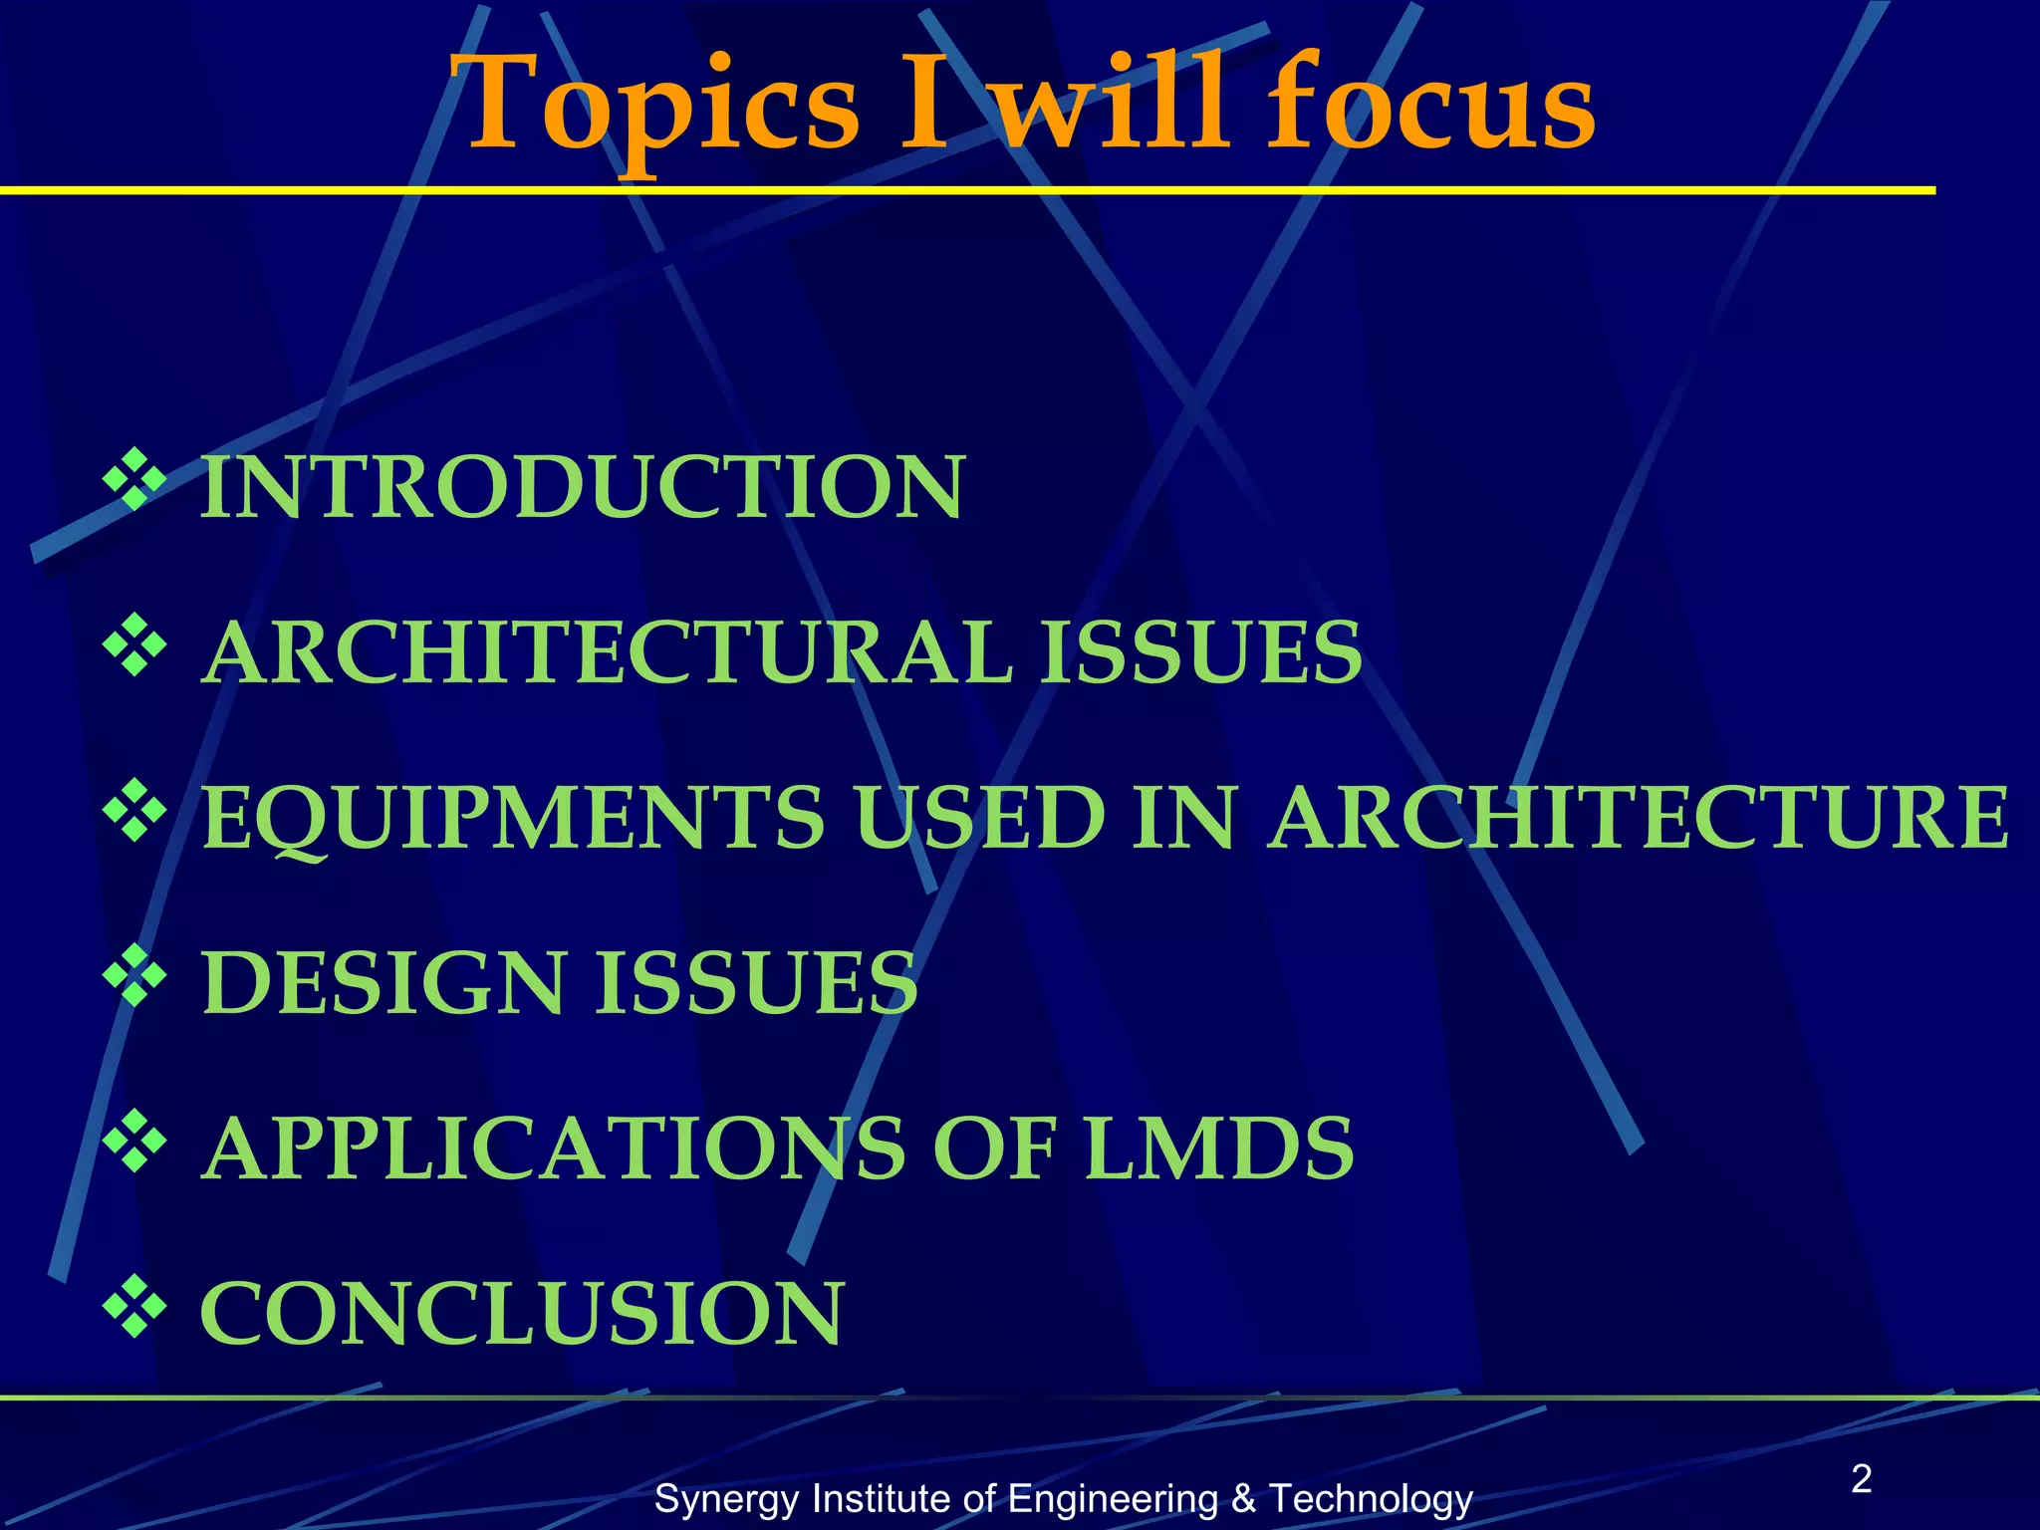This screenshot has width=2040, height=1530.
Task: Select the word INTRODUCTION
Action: pos(583,487)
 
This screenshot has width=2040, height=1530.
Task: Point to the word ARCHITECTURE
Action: pos(1638,818)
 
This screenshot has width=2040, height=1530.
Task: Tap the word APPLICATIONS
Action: pos(554,1148)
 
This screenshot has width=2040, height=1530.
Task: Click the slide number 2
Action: pos(1861,1479)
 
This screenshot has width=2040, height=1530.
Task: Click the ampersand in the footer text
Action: pos(1243,1499)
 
